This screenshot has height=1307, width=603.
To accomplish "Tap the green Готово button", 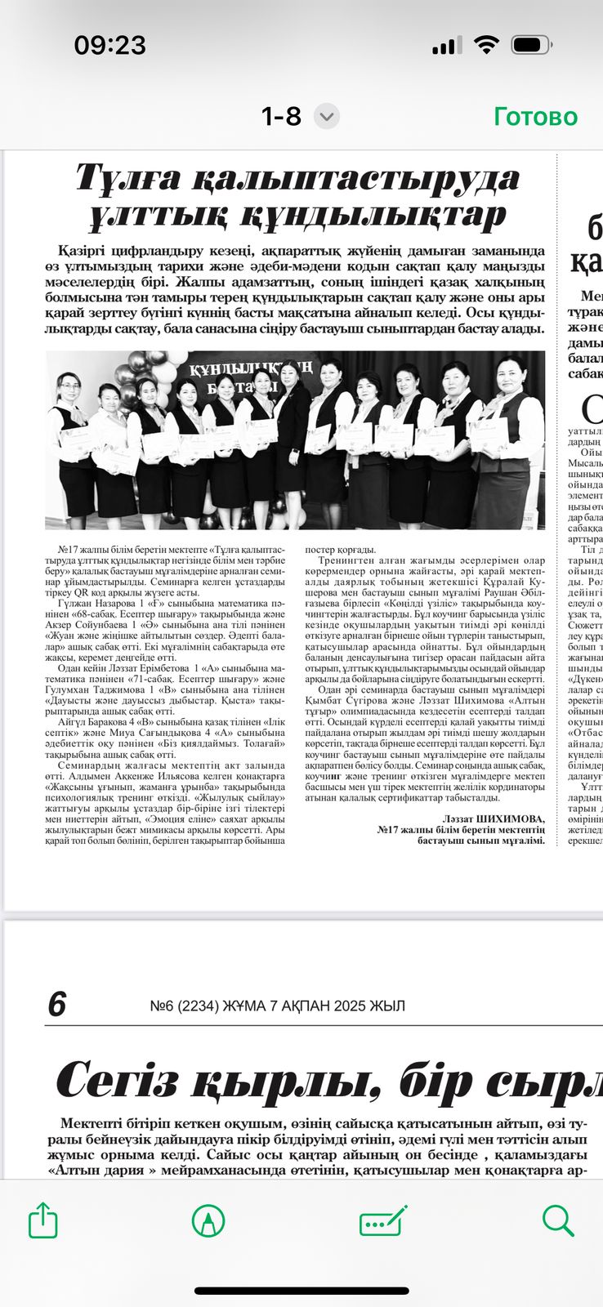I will (x=535, y=117).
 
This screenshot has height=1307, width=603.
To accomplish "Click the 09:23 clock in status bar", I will (x=109, y=44).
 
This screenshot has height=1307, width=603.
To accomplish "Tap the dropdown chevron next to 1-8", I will (x=327, y=117).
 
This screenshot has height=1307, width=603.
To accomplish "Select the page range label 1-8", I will (x=281, y=117).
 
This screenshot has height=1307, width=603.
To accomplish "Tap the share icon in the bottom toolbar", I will (x=43, y=1220).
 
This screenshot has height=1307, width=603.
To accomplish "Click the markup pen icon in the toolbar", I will (x=208, y=1220).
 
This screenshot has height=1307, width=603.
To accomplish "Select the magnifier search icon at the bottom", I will (x=558, y=1220).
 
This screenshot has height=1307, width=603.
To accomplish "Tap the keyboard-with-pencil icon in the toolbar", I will (x=383, y=1220).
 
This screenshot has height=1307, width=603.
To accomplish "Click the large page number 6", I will (x=56, y=1004).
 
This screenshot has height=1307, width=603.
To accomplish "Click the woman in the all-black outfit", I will (x=292, y=433).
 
